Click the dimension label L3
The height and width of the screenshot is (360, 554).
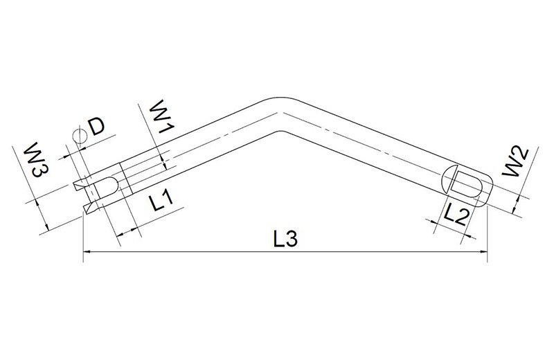[x=285, y=239]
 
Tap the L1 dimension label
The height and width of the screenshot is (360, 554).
[x=161, y=201]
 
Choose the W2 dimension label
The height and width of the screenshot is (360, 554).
[x=516, y=162]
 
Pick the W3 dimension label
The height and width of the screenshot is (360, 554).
[x=37, y=159]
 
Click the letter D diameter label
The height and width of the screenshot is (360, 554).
[x=96, y=127]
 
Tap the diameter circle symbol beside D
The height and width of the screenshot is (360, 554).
[x=79, y=136]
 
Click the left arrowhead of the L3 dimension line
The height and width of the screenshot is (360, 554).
[x=87, y=252]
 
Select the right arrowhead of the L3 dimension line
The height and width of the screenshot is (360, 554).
[x=483, y=252]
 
